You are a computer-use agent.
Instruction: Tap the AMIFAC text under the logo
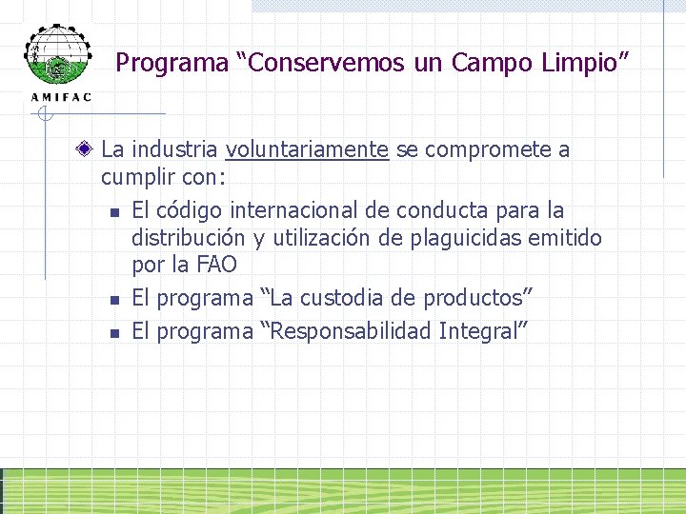coord(62,97)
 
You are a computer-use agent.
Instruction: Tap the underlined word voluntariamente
coord(307,150)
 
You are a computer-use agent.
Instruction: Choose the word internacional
coord(310,209)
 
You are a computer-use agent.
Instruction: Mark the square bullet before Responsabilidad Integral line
coord(112,333)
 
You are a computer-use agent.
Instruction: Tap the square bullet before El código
coord(112,212)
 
